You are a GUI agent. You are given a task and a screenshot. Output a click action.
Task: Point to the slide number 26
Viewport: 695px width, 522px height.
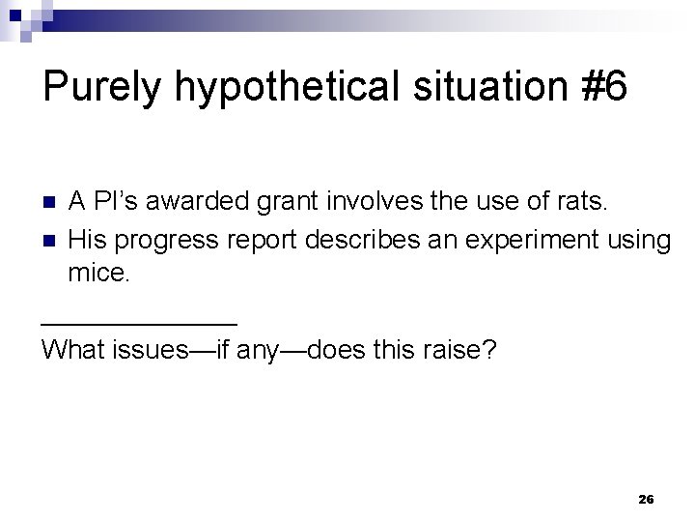pos(647,499)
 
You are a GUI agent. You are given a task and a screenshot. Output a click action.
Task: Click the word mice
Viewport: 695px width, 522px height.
pos(97,274)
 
